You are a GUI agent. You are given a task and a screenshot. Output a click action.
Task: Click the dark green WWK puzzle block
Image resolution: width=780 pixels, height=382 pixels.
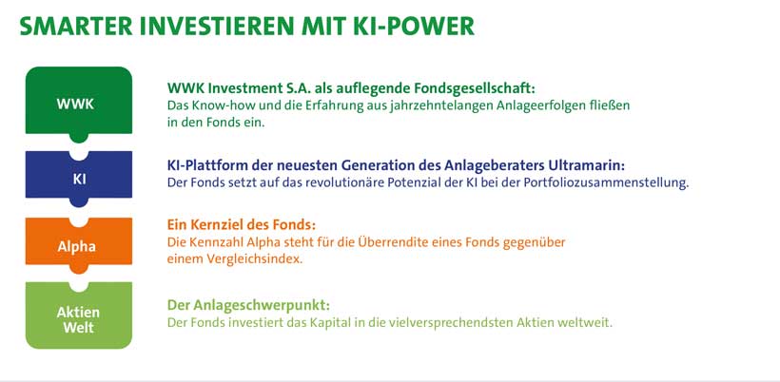(79, 102)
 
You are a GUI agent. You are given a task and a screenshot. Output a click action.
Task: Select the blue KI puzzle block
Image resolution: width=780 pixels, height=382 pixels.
(79, 177)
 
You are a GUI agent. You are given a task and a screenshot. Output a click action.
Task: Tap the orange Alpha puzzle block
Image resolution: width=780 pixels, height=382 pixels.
(79, 243)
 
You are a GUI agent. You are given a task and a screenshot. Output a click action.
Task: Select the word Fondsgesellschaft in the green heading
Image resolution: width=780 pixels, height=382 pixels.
(474, 88)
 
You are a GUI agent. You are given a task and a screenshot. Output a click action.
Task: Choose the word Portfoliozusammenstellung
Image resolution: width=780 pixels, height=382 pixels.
(606, 182)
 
